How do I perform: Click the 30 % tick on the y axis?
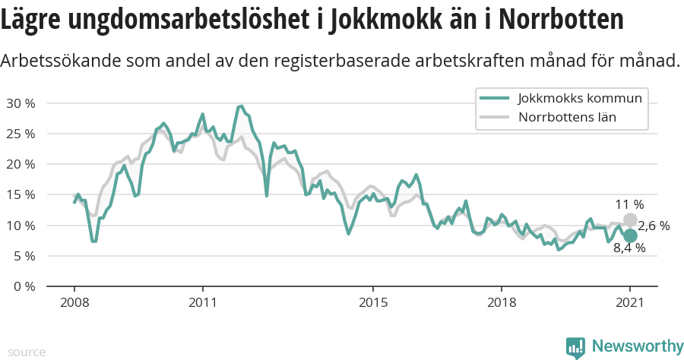(x=20, y=103)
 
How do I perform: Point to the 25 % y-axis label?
(x=20, y=134)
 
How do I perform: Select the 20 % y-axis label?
(x=20, y=164)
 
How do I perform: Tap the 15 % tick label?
(x=20, y=194)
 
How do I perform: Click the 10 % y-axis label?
(x=20, y=226)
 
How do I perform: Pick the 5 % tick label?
(x=23, y=256)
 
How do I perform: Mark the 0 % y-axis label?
(x=23, y=286)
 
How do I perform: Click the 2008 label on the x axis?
(x=74, y=302)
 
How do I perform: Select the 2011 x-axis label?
(x=203, y=302)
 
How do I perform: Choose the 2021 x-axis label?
(x=630, y=302)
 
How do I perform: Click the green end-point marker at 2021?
(x=630, y=235)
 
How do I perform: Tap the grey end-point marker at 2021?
(x=630, y=219)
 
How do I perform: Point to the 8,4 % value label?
(x=629, y=248)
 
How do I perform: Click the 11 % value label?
(x=629, y=204)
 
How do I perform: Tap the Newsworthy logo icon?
(x=575, y=347)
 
